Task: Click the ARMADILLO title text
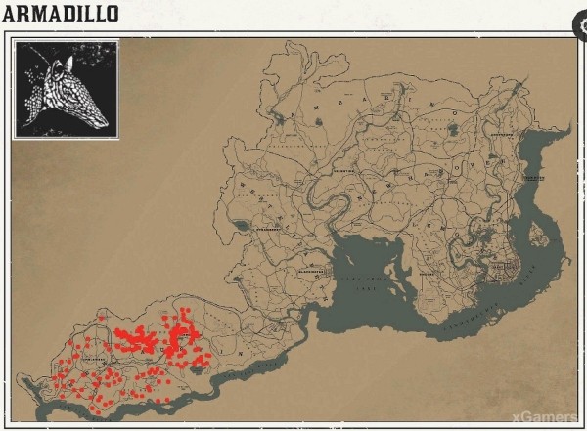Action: (61, 14)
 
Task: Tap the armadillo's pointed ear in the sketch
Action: (61, 61)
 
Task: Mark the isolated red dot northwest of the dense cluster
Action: (101, 317)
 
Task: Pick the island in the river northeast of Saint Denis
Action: (534, 235)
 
